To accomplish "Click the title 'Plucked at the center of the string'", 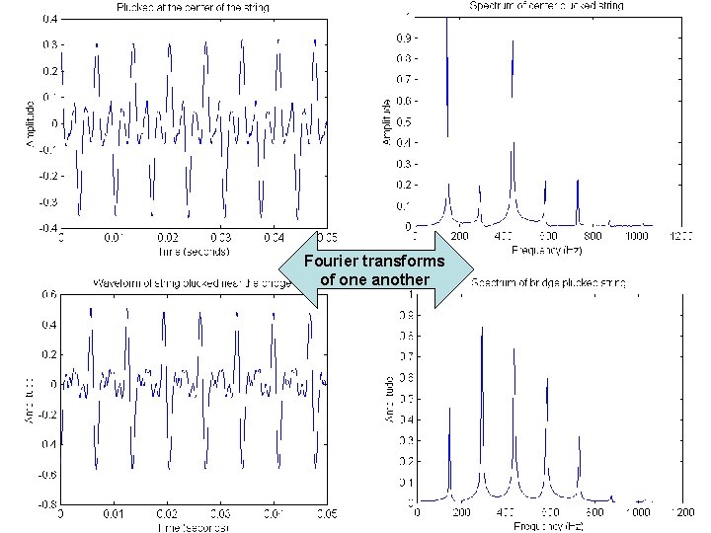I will point(192,8).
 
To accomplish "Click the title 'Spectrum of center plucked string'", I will point(546,6).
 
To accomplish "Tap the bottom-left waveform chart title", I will point(188,283).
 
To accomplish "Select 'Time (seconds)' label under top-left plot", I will point(194,252).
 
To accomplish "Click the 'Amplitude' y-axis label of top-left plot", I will point(29,122).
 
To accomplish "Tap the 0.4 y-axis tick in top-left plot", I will point(48,19).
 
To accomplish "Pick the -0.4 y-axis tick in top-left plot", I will point(46,228).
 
